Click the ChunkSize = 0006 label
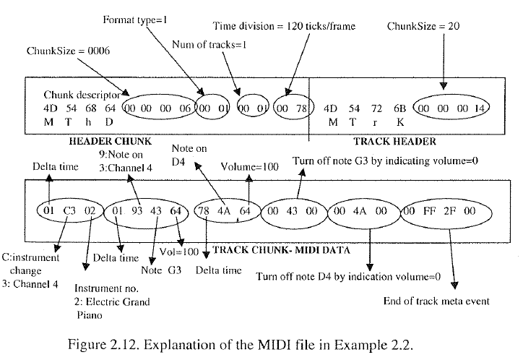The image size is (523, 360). tap(68, 52)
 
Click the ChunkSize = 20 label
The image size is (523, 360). tap(423, 26)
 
